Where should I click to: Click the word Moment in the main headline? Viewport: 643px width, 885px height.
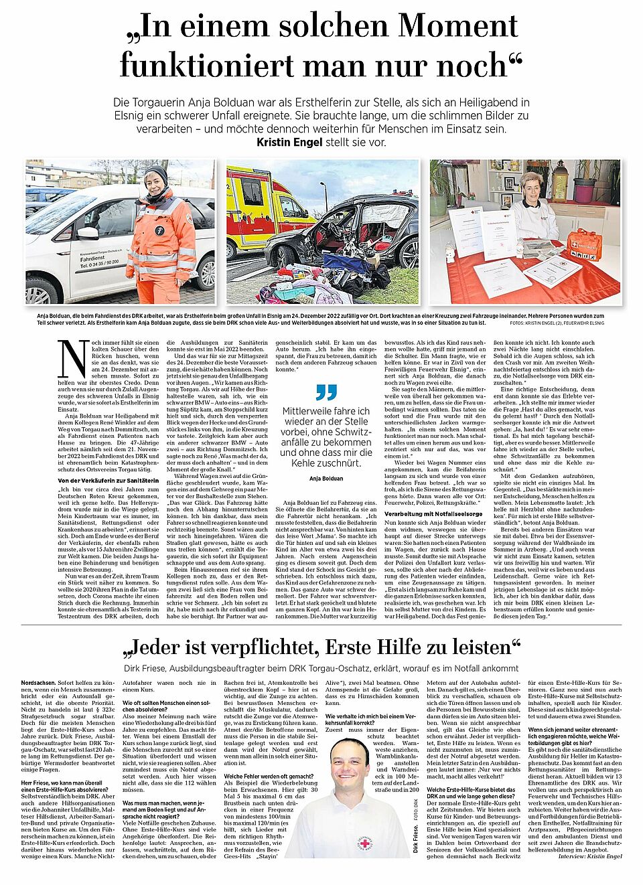tap(458, 27)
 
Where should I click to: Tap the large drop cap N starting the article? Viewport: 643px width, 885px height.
tap(72, 359)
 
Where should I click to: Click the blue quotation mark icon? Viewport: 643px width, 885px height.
tap(326, 392)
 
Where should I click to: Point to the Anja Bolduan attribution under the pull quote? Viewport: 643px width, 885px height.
tap(326, 478)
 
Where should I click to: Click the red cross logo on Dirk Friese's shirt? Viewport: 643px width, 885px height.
tap(364, 841)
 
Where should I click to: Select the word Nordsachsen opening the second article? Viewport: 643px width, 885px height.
tap(38, 683)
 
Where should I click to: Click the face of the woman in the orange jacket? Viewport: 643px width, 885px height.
tap(155, 182)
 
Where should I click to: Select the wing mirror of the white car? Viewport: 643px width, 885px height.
tap(88, 233)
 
